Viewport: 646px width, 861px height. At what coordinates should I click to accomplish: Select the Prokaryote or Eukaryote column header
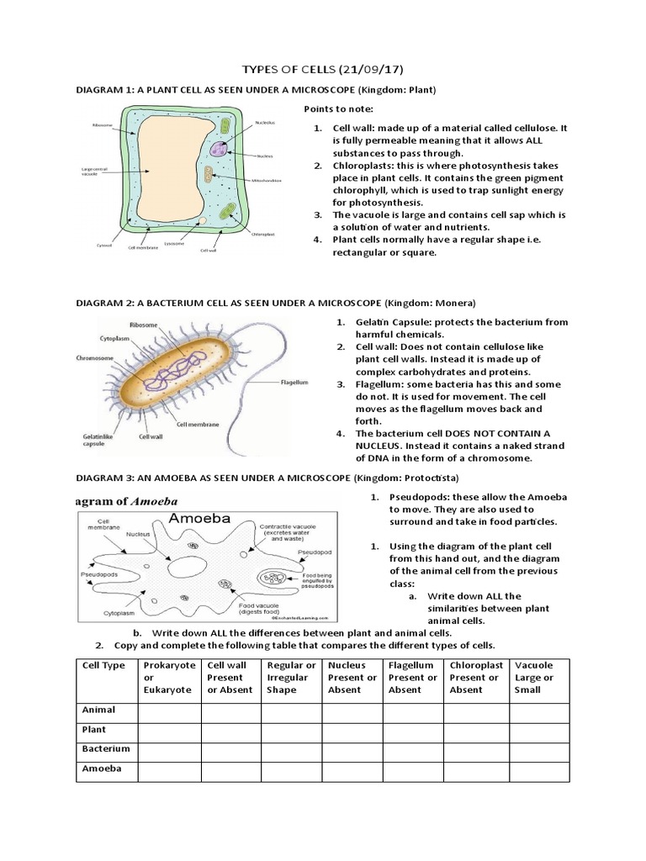pyautogui.click(x=169, y=678)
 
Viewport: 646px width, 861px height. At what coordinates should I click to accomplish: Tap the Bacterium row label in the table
pyautogui.click(x=106, y=748)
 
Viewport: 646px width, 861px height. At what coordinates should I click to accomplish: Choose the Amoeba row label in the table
pyautogui.click(x=102, y=769)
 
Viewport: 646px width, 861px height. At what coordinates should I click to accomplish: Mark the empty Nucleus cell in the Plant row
pyautogui.click(x=352, y=729)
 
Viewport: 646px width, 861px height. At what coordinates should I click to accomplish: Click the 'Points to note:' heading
pyautogui.click(x=331, y=109)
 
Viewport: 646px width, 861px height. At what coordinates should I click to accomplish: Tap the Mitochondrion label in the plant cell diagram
pyautogui.click(x=267, y=180)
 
